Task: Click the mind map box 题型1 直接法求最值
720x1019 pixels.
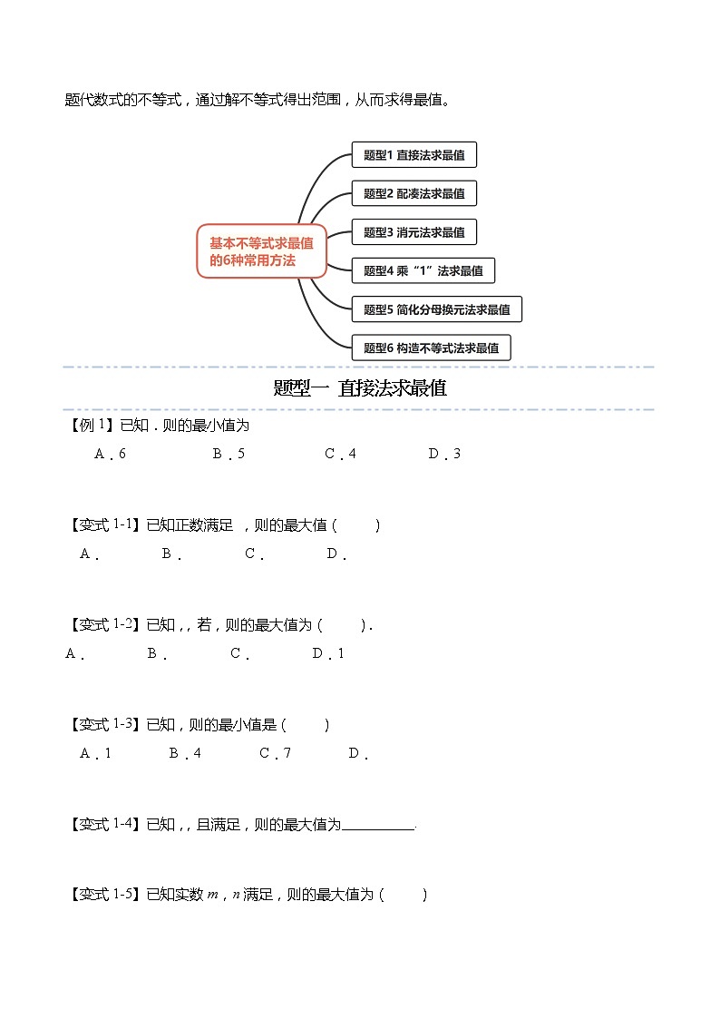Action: (414, 155)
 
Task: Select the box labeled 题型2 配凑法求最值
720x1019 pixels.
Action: (414, 193)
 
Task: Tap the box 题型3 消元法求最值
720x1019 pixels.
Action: (414, 232)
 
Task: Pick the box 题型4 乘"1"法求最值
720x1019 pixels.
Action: (423, 270)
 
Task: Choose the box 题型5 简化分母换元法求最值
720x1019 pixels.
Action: (436, 309)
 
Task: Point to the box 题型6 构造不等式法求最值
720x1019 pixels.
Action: (431, 348)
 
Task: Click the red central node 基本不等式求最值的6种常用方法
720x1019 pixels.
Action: (261, 251)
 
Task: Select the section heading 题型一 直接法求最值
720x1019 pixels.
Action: (360, 388)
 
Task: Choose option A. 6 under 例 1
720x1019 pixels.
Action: (110, 454)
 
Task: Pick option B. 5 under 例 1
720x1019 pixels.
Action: (229, 454)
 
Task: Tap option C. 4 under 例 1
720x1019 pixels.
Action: (340, 454)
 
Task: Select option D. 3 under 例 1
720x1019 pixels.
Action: (444, 454)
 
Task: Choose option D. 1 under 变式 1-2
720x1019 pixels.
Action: (328, 653)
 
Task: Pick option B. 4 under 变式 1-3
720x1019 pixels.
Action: (185, 753)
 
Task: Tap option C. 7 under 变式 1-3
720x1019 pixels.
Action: (275, 753)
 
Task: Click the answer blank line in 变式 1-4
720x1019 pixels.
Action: (378, 827)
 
